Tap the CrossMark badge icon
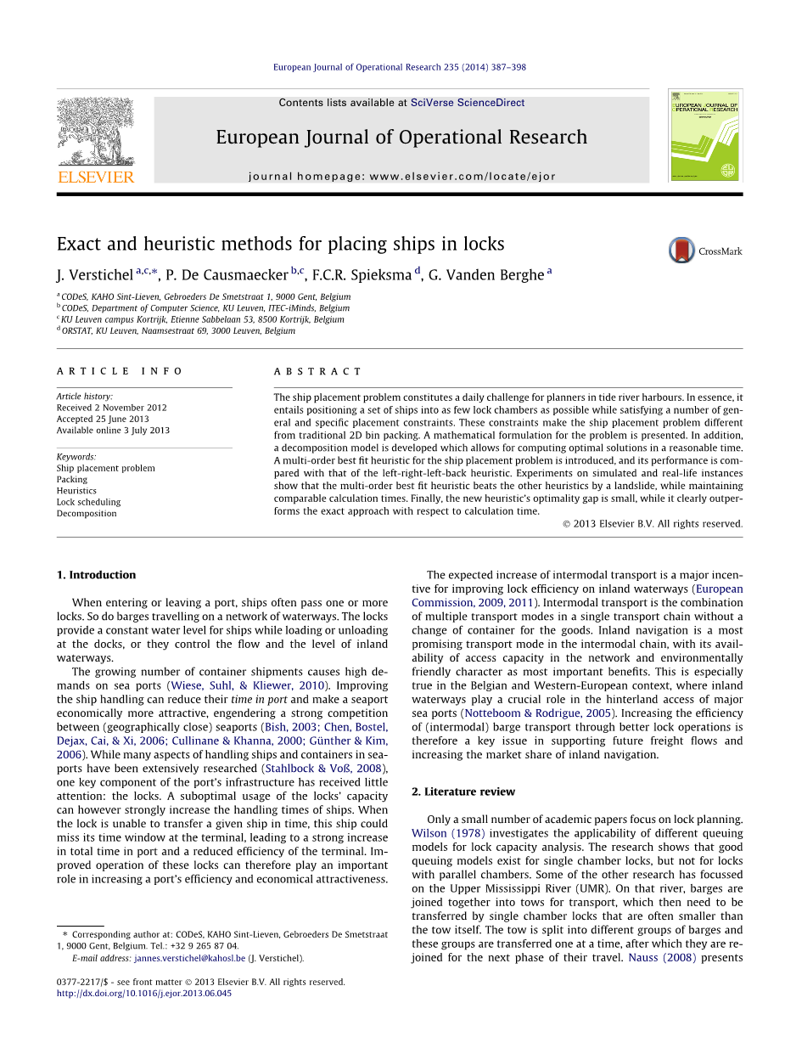point(681,251)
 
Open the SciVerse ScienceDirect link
point(467,103)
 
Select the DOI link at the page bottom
point(144,994)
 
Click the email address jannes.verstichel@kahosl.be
point(189,958)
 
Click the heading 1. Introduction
point(96,575)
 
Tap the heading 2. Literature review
point(463,792)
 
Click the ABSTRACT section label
point(317,371)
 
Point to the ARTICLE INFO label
point(108,371)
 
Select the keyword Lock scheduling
point(88,502)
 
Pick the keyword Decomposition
point(87,513)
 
